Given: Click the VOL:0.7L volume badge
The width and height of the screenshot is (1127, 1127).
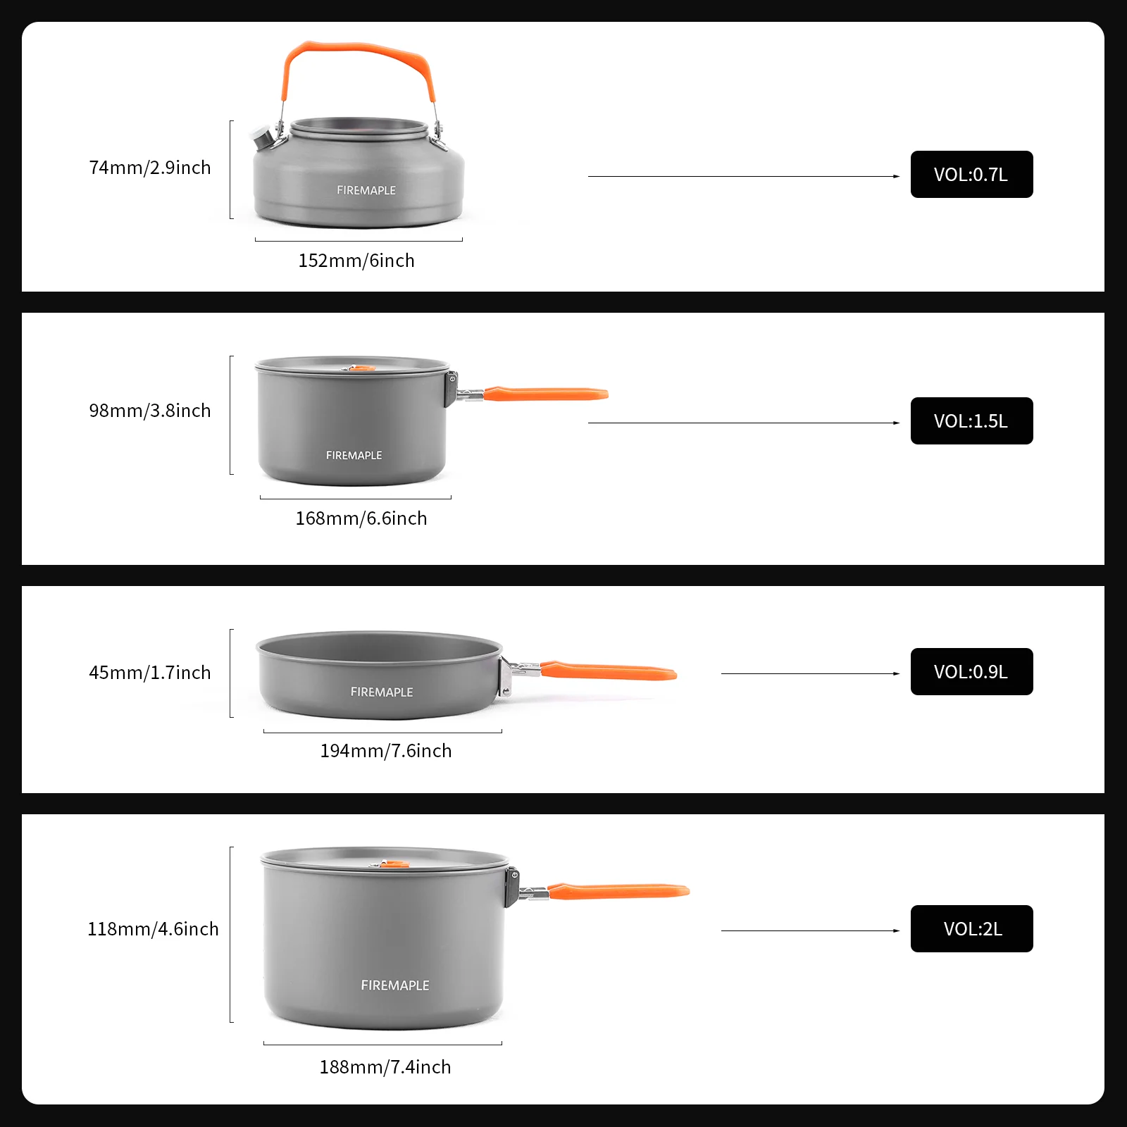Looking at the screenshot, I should point(971,175).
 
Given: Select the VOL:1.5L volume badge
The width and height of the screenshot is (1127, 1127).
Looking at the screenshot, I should point(971,421).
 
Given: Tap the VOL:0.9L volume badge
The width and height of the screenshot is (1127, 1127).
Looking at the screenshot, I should point(971,672).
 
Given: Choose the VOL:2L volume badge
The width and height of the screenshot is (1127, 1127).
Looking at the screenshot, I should point(971,929).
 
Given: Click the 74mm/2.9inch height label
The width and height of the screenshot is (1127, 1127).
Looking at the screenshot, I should point(150,168).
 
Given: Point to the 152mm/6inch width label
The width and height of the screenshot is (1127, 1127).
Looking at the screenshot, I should point(356,261).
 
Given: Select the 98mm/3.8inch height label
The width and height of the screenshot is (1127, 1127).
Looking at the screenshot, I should point(150,411).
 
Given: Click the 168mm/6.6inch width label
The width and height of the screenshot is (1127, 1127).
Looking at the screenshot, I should point(361,518).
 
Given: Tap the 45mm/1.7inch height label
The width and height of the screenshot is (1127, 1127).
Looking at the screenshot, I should point(150,673).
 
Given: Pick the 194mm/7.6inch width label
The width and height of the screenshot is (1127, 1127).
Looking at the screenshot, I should point(386,751).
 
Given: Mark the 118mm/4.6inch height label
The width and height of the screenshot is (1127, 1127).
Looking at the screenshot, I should point(153,929).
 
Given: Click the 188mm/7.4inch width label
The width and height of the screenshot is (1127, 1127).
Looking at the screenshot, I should point(385,1067).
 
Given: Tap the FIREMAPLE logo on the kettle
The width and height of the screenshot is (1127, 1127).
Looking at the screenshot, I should point(366,190).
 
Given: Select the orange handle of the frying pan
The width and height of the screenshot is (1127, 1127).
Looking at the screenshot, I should point(609,671).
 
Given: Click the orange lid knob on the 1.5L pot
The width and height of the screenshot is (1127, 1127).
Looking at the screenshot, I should point(359,368).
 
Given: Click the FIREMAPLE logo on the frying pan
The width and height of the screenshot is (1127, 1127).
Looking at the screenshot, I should point(382,692).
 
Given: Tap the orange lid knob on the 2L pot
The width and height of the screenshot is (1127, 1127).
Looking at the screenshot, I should point(392,864).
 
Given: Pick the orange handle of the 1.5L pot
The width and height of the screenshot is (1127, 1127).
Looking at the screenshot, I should point(546,393).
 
